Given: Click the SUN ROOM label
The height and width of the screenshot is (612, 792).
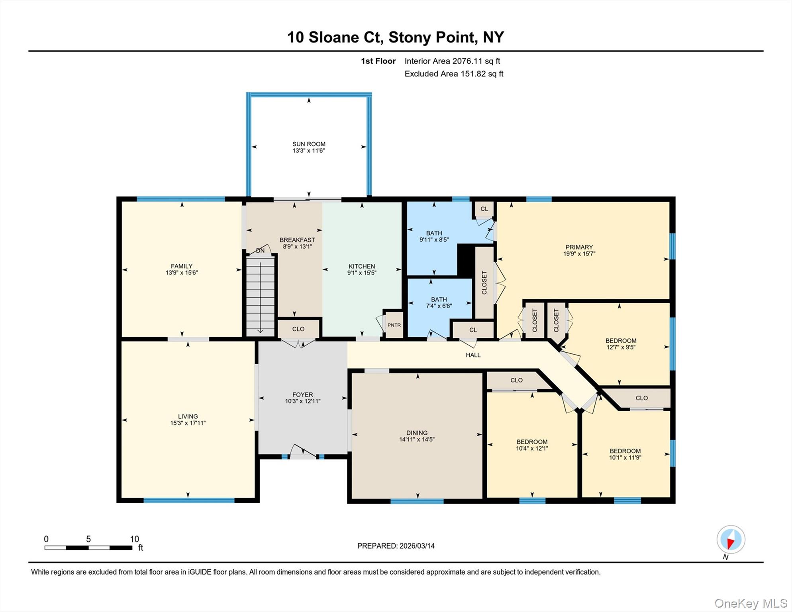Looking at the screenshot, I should (309, 144).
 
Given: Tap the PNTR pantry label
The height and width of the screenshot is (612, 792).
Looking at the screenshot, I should (394, 325).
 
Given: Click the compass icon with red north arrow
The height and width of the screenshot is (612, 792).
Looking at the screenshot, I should (731, 539).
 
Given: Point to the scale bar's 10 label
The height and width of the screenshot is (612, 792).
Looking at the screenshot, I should (134, 539).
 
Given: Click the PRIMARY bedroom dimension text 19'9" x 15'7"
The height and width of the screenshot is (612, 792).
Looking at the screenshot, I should (579, 253).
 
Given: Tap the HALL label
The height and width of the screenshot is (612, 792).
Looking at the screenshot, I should (473, 355).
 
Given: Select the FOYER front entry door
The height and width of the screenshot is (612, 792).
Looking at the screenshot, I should (303, 452).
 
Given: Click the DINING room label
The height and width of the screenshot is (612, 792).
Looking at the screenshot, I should (417, 433).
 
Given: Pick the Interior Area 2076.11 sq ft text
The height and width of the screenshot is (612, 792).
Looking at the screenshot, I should (452, 61).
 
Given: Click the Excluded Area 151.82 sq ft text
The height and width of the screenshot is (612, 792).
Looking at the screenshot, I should (454, 74).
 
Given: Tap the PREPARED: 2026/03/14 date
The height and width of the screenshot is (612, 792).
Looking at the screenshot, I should (396, 546).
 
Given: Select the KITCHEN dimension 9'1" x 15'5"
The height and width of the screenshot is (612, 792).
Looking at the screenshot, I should (362, 273).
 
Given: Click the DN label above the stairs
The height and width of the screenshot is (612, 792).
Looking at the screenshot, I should (260, 251).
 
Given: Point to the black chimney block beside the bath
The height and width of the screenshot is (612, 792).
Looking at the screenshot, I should (465, 259).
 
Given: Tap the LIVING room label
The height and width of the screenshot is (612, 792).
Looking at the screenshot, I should (188, 416).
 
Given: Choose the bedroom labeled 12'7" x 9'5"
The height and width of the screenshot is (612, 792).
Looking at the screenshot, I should (621, 343).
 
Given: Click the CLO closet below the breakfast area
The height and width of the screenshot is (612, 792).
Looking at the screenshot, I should (298, 329).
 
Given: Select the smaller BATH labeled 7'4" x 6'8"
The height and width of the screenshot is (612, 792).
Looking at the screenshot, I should (439, 302).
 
